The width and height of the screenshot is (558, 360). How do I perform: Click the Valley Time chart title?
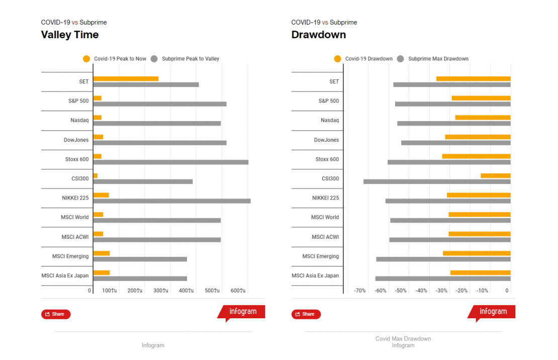click(70, 35)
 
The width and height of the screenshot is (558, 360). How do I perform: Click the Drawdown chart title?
click(319, 35)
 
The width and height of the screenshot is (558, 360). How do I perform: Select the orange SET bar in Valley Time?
click(126, 78)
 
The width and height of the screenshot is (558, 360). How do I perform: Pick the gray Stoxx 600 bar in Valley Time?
click(170, 162)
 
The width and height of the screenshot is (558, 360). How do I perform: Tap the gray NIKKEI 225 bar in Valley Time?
click(171, 201)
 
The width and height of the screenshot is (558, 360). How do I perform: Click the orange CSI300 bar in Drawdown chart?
click(495, 175)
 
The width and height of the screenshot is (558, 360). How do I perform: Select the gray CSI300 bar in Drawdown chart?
click(437, 182)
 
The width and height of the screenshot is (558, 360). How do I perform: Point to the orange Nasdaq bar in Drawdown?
click(483, 117)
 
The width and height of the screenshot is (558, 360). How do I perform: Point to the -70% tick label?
click(360, 291)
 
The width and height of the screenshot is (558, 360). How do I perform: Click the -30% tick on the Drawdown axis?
click(441, 291)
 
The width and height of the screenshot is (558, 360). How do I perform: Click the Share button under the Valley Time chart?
click(56, 314)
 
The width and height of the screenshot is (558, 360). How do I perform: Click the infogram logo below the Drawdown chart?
click(493, 312)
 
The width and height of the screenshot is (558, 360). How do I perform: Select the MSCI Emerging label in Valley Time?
click(70, 256)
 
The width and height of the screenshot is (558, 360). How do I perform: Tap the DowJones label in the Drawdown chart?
click(326, 140)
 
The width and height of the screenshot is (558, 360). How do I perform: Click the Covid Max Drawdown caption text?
click(403, 339)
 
